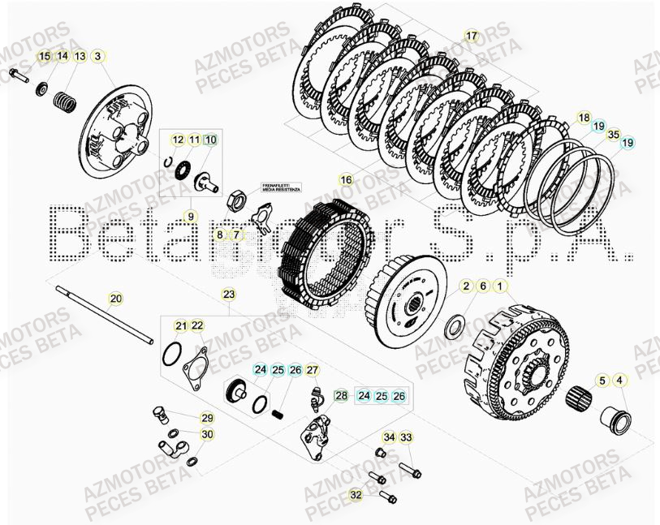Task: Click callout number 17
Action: (x=472, y=36)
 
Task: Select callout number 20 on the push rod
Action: (x=116, y=299)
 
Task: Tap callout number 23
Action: (x=229, y=294)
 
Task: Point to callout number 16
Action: (x=347, y=179)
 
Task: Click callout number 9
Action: (x=191, y=216)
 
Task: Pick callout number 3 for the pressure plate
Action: (x=98, y=56)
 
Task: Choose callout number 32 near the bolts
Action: (x=356, y=494)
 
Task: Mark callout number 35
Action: (x=613, y=135)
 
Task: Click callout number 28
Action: (x=341, y=395)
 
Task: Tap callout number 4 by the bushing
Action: (x=619, y=380)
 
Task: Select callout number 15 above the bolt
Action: (x=45, y=56)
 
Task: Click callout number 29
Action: (x=207, y=418)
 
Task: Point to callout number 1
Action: (x=499, y=286)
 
